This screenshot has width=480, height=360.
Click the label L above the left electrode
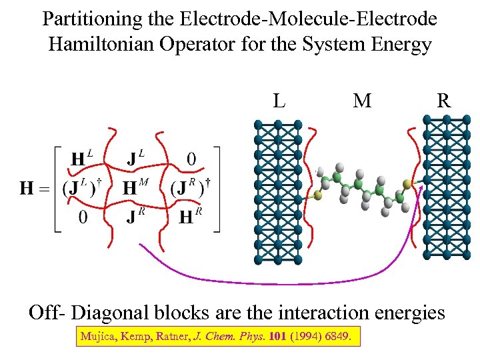279,101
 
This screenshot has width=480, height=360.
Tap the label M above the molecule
362,101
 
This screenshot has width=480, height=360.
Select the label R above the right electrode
443,101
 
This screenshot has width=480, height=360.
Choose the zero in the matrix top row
191,159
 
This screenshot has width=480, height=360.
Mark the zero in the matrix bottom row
82,217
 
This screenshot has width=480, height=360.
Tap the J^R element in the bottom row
136,217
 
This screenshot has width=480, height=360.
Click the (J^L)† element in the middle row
82,187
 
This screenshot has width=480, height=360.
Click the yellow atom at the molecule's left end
319,196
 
